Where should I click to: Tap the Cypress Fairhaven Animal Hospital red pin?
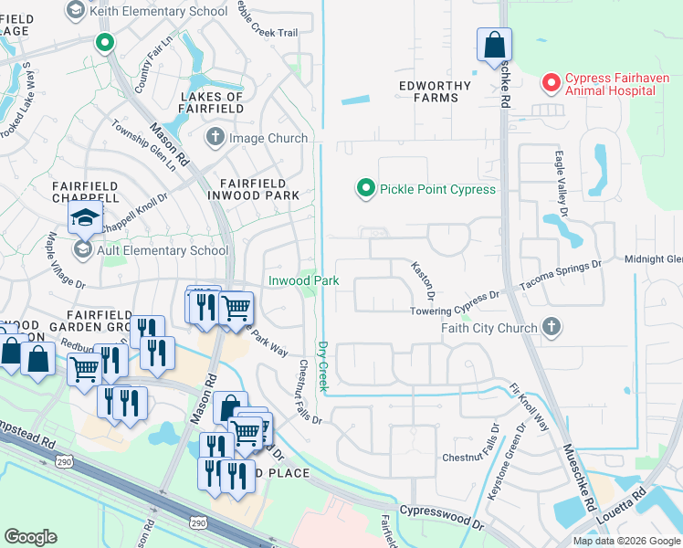point(551,83)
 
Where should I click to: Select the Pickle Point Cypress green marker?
point(365,189)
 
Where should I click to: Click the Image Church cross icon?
point(215,138)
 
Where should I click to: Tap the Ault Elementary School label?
point(164,249)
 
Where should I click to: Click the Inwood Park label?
point(303,280)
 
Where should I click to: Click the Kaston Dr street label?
point(423,280)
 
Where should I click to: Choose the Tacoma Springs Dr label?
point(562,277)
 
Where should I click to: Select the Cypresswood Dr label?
point(442,517)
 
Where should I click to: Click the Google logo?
point(30,537)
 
